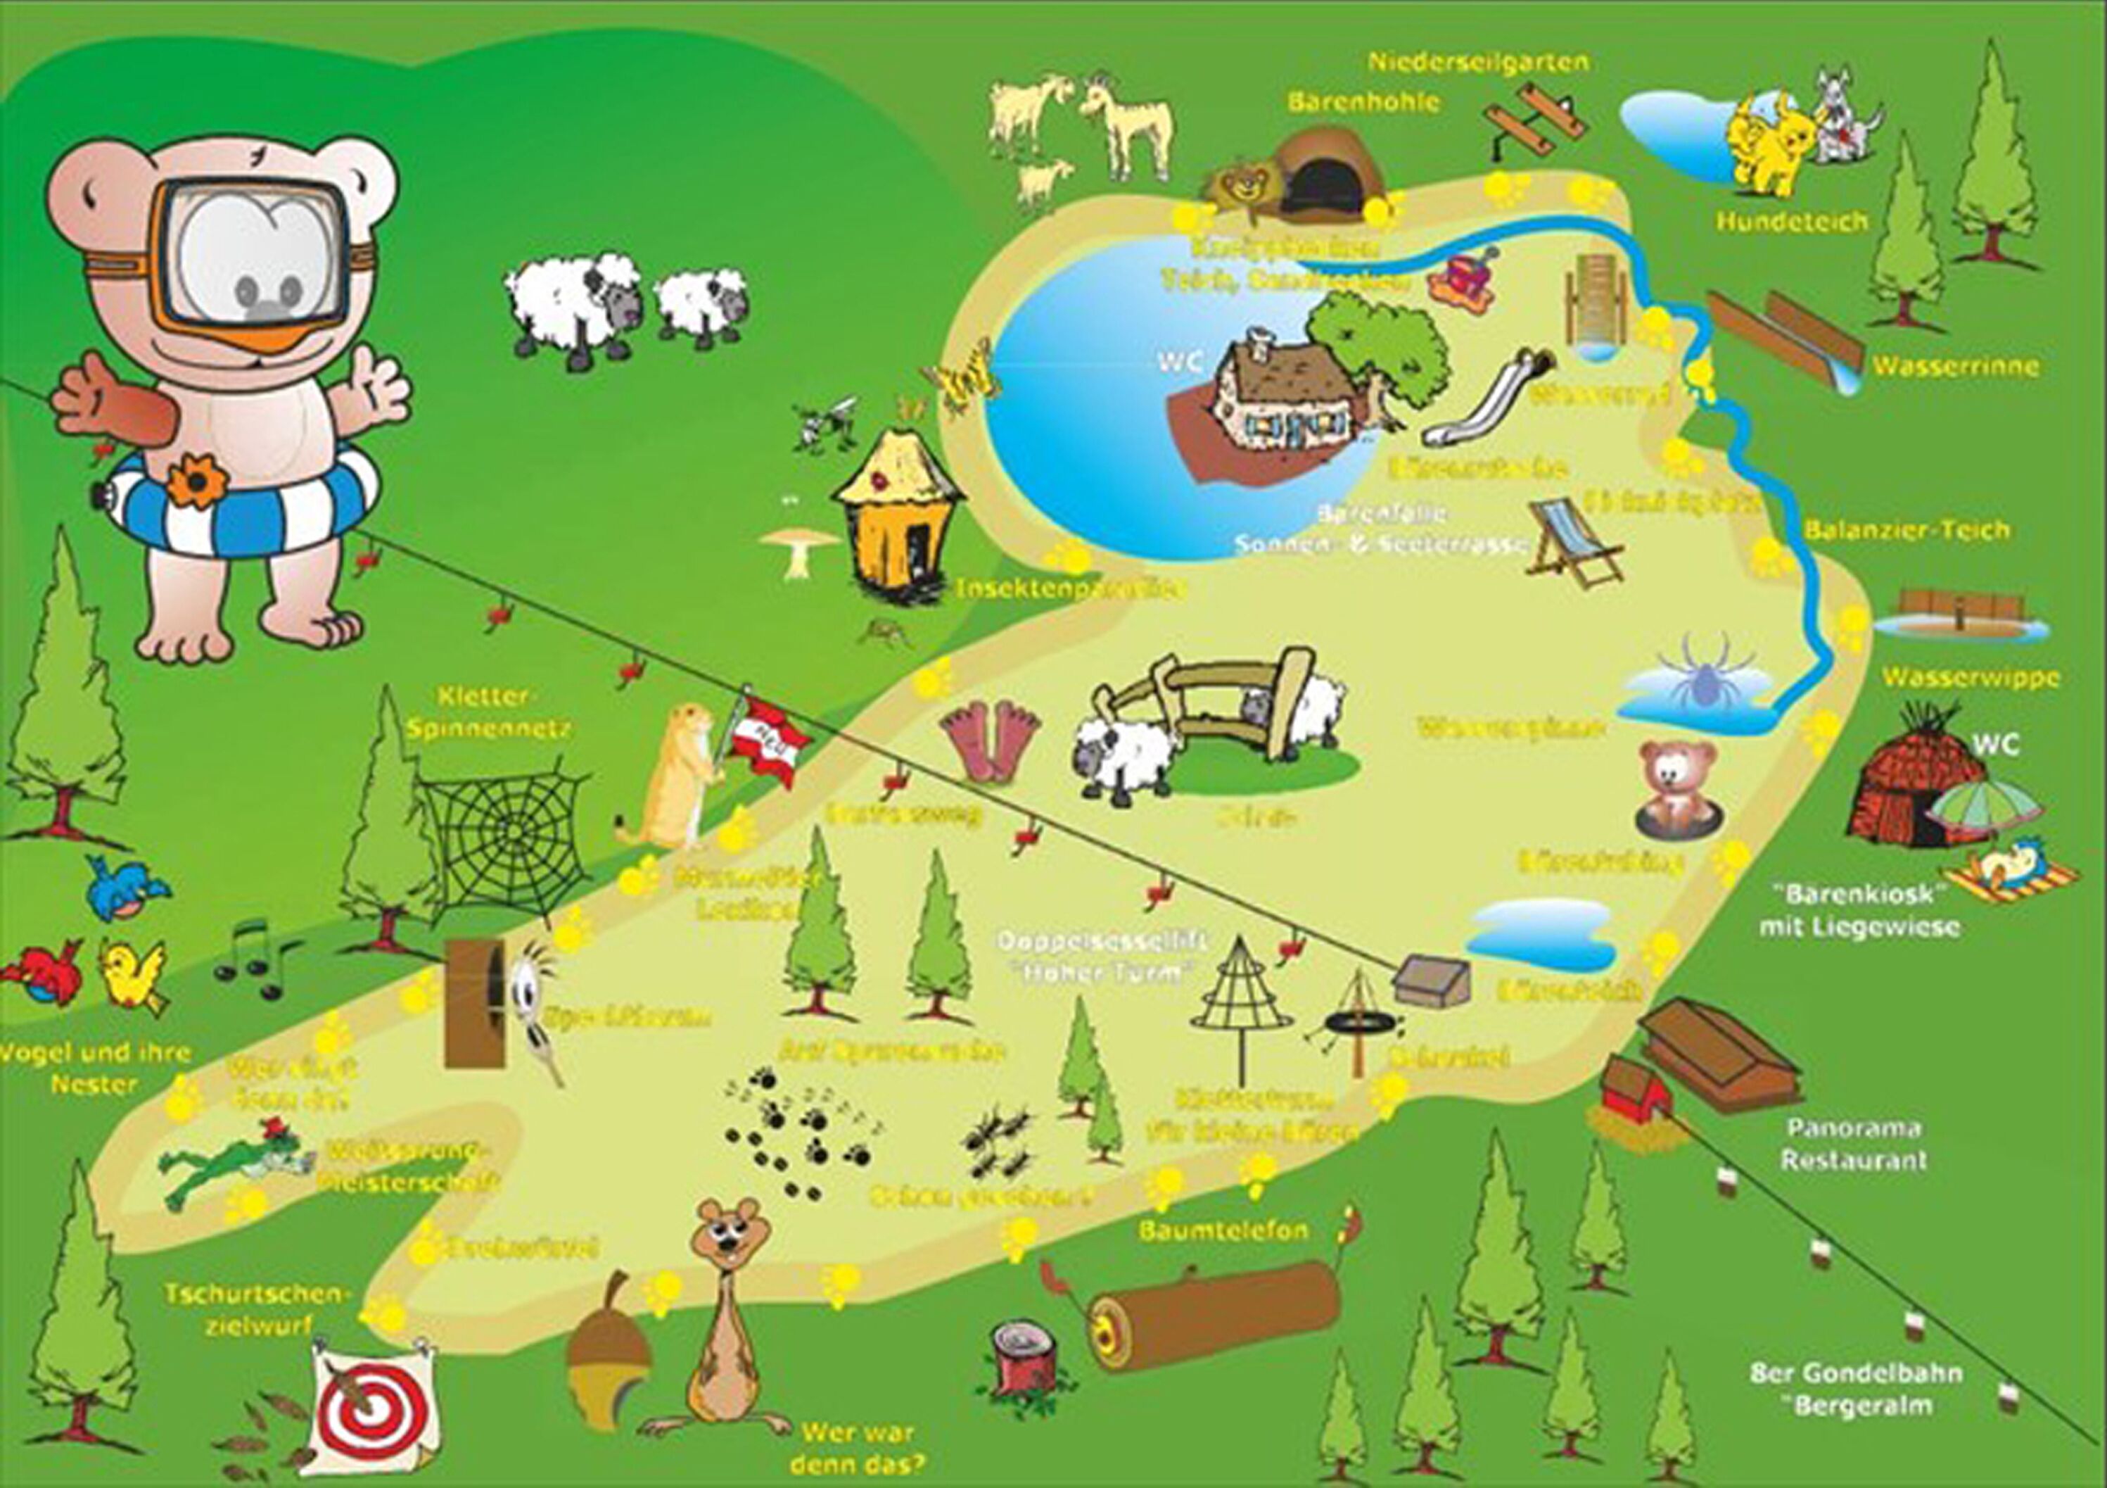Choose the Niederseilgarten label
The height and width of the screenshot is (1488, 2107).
(1478, 63)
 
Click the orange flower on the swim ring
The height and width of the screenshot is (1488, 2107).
(196, 481)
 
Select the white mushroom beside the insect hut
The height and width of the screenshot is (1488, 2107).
(798, 548)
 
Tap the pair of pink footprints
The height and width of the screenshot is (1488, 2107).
(989, 740)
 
